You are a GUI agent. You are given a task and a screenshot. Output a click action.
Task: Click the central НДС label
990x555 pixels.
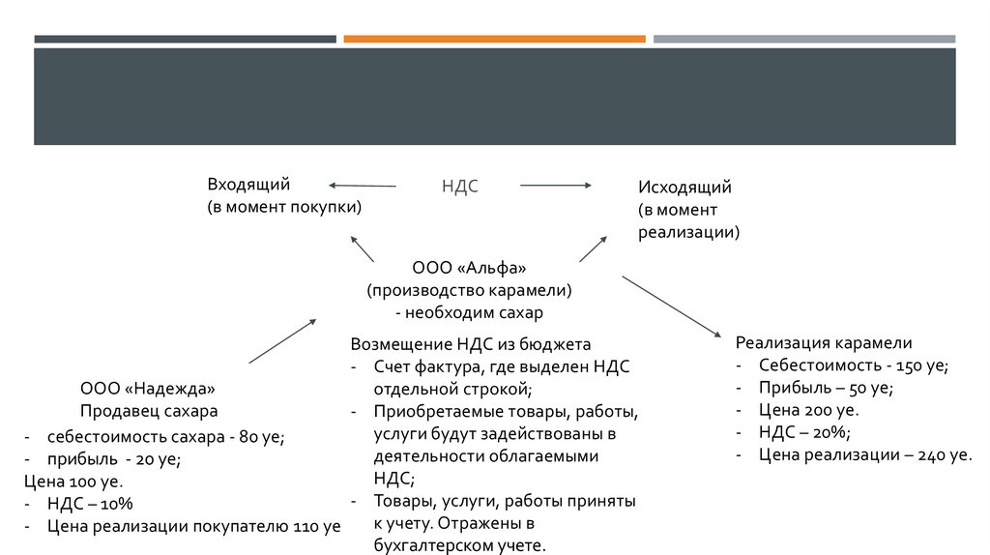[460, 186]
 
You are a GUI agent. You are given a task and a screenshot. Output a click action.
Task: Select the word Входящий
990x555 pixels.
[247, 184]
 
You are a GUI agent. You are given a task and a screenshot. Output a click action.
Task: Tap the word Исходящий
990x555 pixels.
[684, 187]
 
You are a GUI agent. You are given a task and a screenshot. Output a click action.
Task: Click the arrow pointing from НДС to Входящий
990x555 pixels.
[363, 185]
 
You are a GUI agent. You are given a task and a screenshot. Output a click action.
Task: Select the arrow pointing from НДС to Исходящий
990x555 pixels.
[556, 185]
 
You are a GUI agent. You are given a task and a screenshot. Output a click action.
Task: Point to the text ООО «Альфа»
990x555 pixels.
[469, 267]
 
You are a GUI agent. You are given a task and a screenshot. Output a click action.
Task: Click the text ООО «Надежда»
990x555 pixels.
[148, 389]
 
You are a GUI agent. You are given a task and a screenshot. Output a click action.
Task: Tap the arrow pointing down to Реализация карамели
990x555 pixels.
[672, 306]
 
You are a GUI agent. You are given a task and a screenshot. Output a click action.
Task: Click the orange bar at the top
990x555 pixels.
[494, 39]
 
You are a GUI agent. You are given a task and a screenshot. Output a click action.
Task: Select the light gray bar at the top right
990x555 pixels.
[803, 39]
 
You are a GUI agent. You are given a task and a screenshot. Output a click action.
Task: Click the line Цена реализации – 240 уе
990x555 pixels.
[865, 454]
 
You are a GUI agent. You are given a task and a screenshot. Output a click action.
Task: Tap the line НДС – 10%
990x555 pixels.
[89, 504]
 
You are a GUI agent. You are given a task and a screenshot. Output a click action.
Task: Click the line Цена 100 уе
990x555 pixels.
[73, 482]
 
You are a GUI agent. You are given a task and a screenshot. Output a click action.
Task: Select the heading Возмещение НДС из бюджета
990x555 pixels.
[470, 344]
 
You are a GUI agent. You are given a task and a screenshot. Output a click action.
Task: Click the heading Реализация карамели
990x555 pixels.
[824, 342]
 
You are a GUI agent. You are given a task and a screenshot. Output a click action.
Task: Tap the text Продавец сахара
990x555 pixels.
[149, 411]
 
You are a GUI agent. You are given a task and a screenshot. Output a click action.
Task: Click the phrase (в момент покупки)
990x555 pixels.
[284, 207]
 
